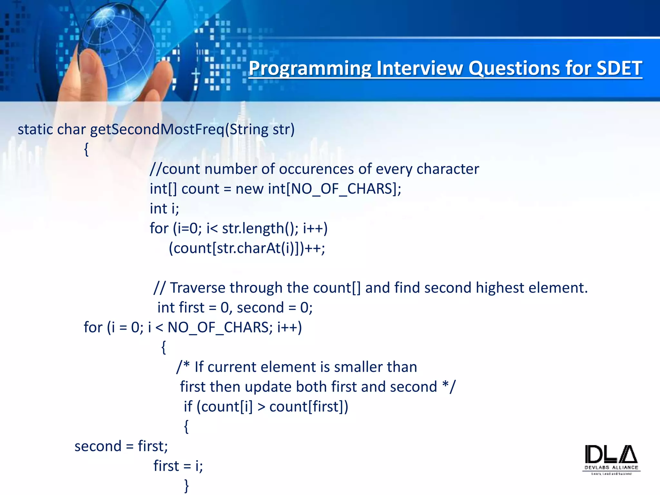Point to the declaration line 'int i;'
tap(164, 209)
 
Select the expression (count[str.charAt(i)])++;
tap(247, 248)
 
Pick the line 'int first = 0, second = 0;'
tap(235, 308)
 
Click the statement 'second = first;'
tap(121, 446)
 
